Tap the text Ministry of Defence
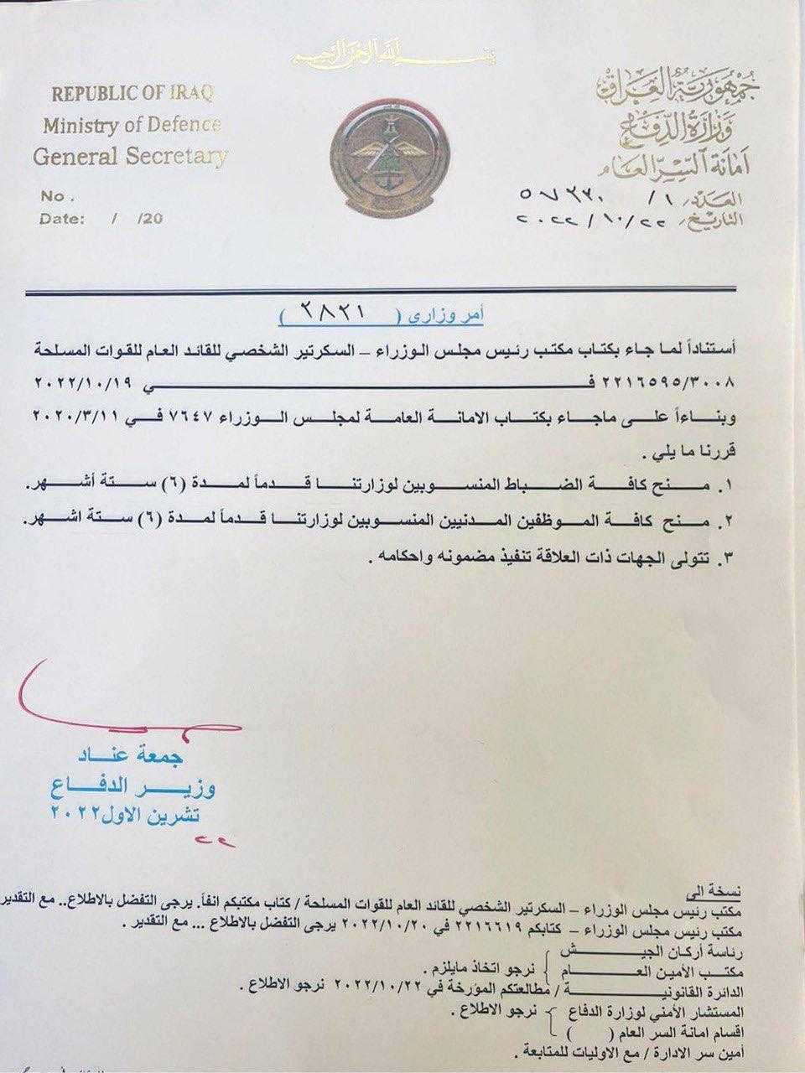[x=132, y=126]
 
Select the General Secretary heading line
[x=130, y=156]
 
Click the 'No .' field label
[x=58, y=196]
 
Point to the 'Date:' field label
[x=62, y=219]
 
